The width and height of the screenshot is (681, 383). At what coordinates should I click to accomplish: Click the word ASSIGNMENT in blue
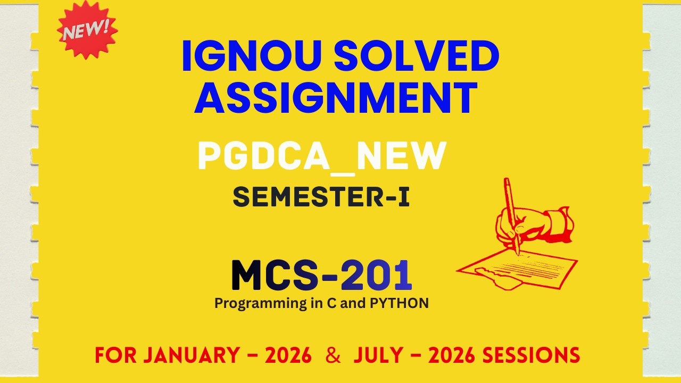click(x=336, y=98)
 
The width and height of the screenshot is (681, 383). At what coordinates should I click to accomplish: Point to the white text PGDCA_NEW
click(x=321, y=156)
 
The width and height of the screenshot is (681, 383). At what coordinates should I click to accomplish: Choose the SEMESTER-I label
click(x=321, y=197)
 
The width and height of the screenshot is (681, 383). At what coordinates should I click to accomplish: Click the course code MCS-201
click(x=321, y=275)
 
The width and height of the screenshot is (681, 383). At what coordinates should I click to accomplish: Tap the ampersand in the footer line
click(x=333, y=355)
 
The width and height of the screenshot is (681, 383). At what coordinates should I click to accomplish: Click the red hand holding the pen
click(x=519, y=223)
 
